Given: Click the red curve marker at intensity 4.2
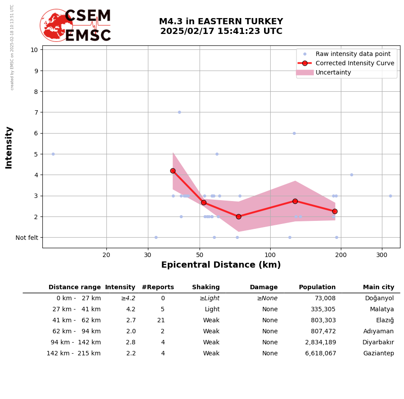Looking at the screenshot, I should pyautogui.click(x=173, y=171).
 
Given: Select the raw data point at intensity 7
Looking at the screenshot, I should pyautogui.click(x=179, y=112).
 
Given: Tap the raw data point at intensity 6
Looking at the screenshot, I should pyautogui.click(x=294, y=133).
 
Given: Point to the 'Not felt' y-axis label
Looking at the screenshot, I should pyautogui.click(x=27, y=238).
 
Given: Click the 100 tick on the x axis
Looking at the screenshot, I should pyautogui.click(x=270, y=254).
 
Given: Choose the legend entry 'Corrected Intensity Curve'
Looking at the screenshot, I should pyautogui.click(x=355, y=63).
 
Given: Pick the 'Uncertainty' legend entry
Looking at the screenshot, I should pyautogui.click(x=333, y=72).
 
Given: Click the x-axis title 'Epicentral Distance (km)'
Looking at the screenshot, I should pyautogui.click(x=221, y=265).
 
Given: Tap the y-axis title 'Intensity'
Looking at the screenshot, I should pyautogui.click(x=9, y=147).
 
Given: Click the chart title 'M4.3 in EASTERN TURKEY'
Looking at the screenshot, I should pyautogui.click(x=221, y=22).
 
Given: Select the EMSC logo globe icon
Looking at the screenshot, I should pyautogui.click(x=56, y=26).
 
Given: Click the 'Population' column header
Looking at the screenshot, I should pyautogui.click(x=317, y=287).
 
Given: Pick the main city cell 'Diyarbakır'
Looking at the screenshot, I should pyautogui.click(x=378, y=343).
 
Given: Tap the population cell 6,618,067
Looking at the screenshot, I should pyautogui.click(x=321, y=354).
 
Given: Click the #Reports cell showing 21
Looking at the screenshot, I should pyautogui.click(x=161, y=321).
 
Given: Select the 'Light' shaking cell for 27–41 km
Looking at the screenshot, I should pyautogui.click(x=212, y=310).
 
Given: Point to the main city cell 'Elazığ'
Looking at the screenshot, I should pyautogui.click(x=385, y=321).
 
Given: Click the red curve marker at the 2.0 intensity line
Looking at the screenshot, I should pyautogui.click(x=238, y=216).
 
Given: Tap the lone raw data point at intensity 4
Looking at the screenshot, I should pyautogui.click(x=351, y=175).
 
